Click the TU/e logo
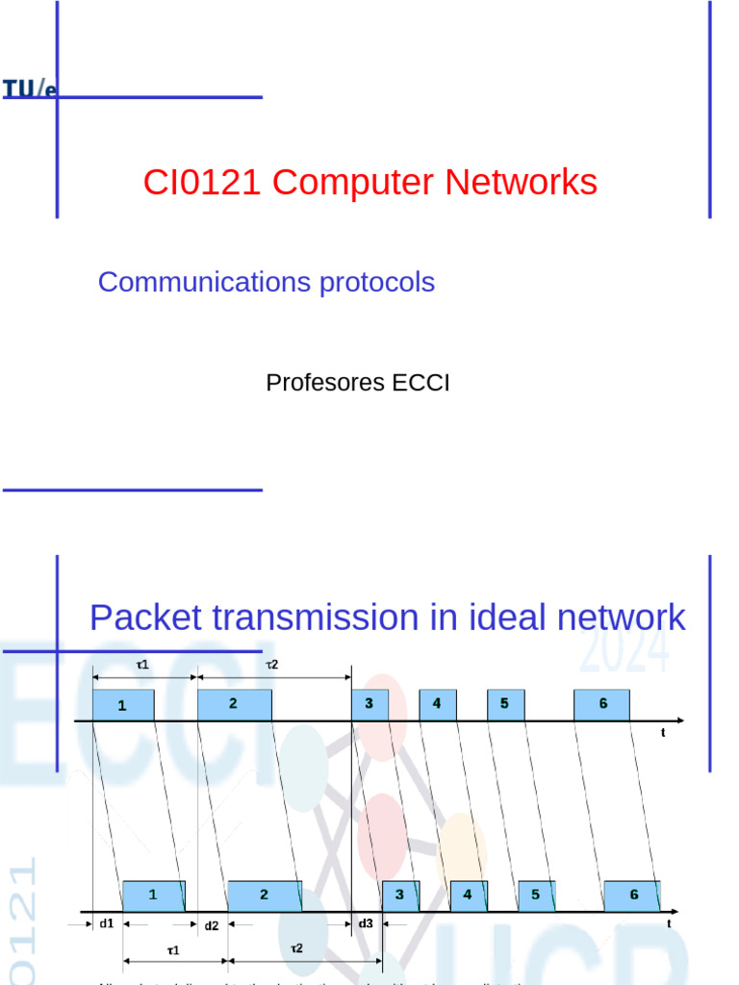click(x=30, y=88)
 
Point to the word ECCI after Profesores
click(x=420, y=383)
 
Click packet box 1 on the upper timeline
click(x=122, y=705)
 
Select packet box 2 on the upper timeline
click(x=234, y=705)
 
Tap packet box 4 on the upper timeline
click(x=437, y=704)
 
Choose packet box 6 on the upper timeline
click(x=602, y=704)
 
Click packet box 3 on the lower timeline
click(x=398, y=896)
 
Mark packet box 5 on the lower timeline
click(x=536, y=896)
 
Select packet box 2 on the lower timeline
click(x=264, y=896)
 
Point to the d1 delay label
click(x=106, y=923)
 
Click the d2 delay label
click(x=212, y=925)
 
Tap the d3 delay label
click(x=366, y=923)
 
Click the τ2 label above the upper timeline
click(x=272, y=665)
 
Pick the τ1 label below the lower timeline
click(x=173, y=950)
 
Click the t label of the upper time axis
click(x=663, y=733)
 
